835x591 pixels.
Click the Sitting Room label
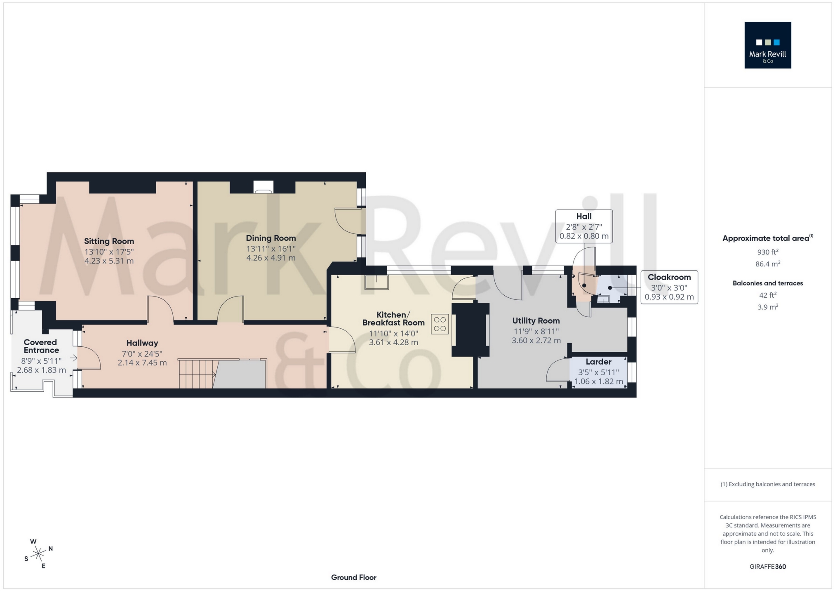[x=109, y=241]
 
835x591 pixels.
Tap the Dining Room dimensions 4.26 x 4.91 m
[x=271, y=258]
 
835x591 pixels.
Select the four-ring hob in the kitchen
[x=440, y=324]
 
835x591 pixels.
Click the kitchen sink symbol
[x=376, y=283]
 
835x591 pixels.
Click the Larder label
[x=598, y=362]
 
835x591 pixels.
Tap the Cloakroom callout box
[x=669, y=287]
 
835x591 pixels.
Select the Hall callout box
[x=583, y=226]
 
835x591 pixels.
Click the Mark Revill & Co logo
[x=767, y=45]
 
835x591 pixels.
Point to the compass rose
[x=39, y=553]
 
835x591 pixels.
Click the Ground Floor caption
[x=353, y=577]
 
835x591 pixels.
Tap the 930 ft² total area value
[x=767, y=252]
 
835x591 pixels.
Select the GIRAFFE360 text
[x=767, y=567]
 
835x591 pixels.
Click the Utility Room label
[x=536, y=321]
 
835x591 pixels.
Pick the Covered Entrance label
[x=40, y=346]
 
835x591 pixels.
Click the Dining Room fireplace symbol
[x=263, y=188]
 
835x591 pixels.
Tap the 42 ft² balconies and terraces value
[x=767, y=295]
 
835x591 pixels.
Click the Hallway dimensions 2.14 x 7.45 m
[x=142, y=363]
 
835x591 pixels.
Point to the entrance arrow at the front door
[x=73, y=358]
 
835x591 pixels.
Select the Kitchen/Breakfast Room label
[x=393, y=318]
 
